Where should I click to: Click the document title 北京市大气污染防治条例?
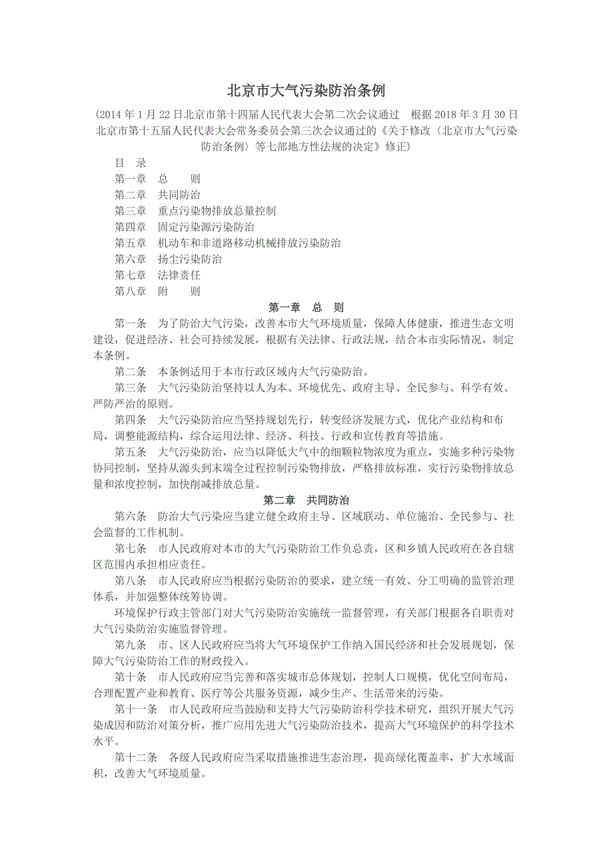tap(306, 90)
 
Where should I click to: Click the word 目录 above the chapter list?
tap(131, 163)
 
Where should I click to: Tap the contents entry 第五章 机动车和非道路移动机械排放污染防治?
tap(227, 243)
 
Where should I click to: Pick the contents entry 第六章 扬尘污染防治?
tap(168, 259)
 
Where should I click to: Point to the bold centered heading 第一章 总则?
tap(306, 307)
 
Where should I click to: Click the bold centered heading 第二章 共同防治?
tap(306, 500)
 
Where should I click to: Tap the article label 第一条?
tap(131, 323)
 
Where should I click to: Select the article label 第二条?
tap(131, 371)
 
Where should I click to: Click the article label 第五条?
tap(131, 452)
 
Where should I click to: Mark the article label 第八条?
tap(131, 580)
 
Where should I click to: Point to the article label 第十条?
tap(131, 677)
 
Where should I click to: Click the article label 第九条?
tap(131, 645)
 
